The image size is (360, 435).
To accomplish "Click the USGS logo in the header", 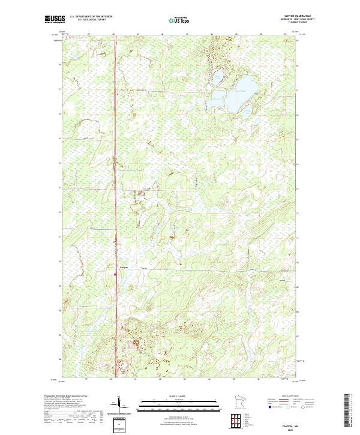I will (55, 19).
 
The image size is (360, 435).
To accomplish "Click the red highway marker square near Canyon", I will (115, 275).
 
